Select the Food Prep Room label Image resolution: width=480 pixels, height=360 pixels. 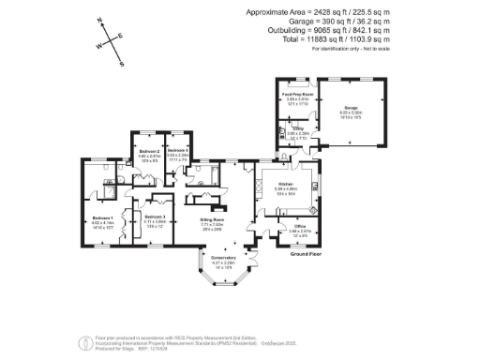tap(296, 95)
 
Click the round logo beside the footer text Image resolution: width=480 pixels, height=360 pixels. tap(85, 338)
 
